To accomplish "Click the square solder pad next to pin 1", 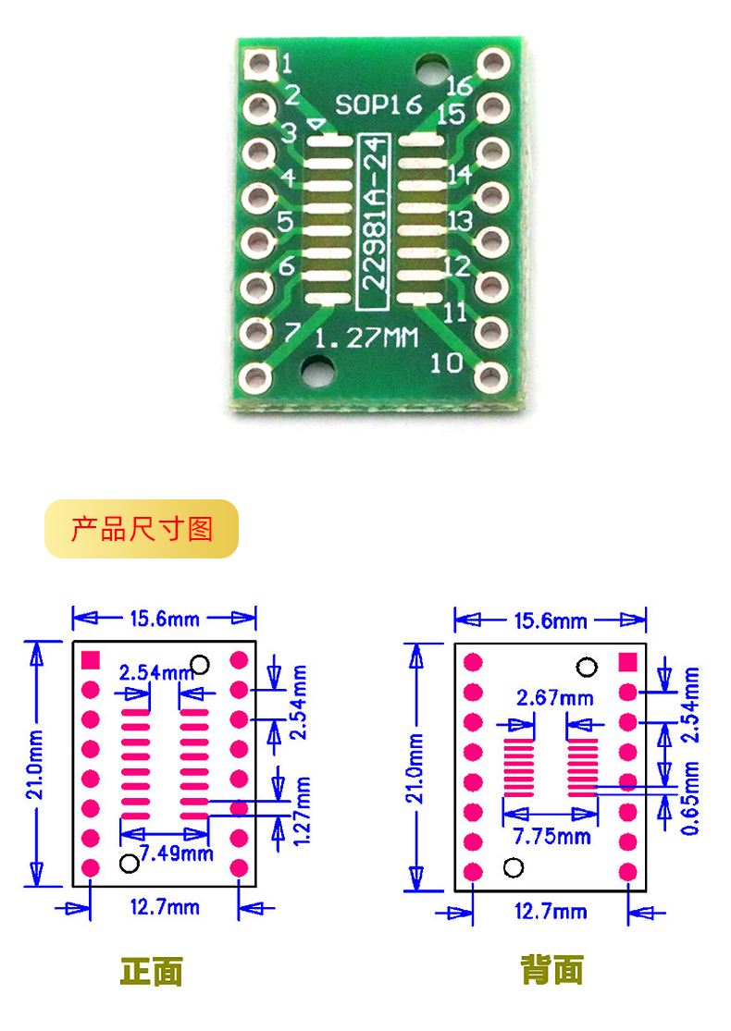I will [x=260, y=64].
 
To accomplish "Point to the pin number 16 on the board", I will [x=458, y=86].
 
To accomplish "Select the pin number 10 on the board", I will [x=447, y=362].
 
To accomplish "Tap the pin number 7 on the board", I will [x=292, y=331].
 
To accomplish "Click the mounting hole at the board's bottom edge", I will [x=321, y=374].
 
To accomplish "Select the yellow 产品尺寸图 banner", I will [x=142, y=529].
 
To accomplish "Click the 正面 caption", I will [x=151, y=971].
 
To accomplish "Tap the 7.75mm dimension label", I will [x=552, y=836].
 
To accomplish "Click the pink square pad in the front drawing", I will [x=91, y=659].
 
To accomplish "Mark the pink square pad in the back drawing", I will [x=627, y=661].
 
